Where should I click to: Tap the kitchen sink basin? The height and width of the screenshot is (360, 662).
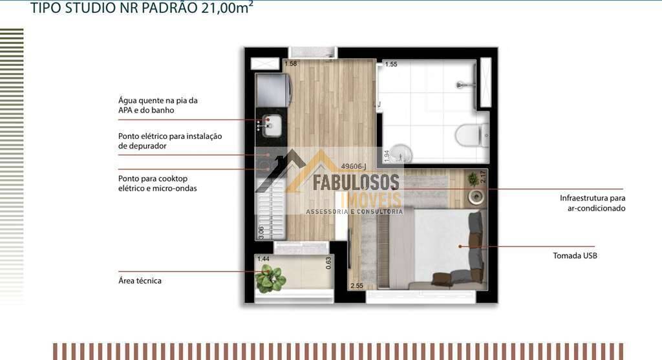click(x=272, y=126)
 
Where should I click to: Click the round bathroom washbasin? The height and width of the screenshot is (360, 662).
click(x=401, y=153)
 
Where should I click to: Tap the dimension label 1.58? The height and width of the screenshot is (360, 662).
click(x=291, y=64)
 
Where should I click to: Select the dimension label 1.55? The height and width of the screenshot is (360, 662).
click(x=391, y=64)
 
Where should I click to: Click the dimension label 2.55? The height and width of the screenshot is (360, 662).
click(x=357, y=286)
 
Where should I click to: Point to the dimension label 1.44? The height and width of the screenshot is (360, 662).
click(x=264, y=259)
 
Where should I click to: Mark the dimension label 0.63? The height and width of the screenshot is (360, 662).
click(x=328, y=263)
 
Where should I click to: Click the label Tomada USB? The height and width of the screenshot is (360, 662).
click(x=575, y=255)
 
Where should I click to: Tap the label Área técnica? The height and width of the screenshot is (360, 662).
click(x=140, y=281)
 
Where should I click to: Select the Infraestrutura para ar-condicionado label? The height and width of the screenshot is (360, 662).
click(x=592, y=203)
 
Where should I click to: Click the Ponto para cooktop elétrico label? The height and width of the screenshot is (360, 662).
click(x=158, y=184)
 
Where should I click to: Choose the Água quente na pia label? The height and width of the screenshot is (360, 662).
click(x=158, y=105)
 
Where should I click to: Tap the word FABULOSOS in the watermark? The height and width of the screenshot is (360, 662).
click(x=356, y=182)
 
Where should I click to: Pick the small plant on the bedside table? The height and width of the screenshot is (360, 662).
click(x=473, y=180)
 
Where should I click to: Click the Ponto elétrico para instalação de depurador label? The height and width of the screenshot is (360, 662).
click(x=170, y=141)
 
